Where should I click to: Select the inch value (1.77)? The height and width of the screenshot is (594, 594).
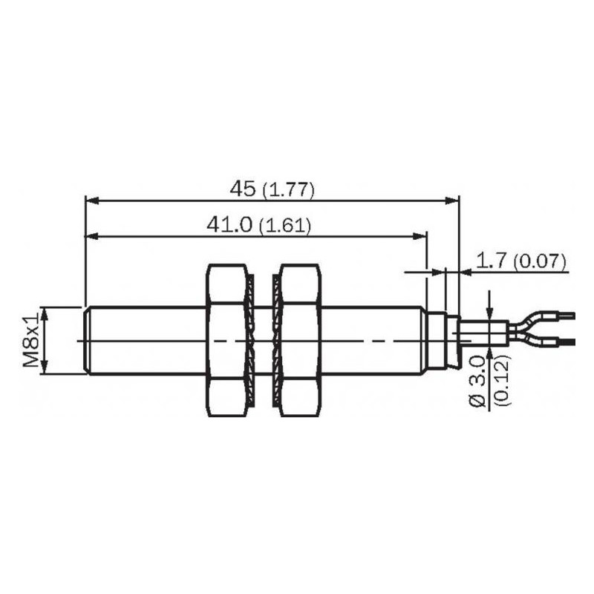tap(288, 191)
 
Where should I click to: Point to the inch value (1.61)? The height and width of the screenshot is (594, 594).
tap(284, 226)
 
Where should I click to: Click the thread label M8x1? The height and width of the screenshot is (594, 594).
tap(30, 340)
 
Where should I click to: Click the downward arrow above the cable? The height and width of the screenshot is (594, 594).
tap(489, 313)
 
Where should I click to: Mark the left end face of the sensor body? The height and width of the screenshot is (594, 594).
tap(88, 340)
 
